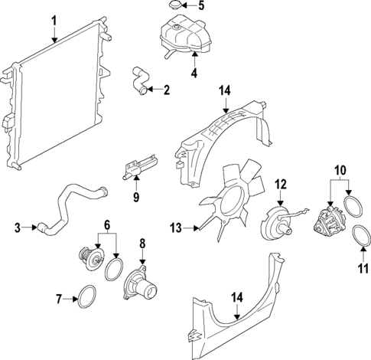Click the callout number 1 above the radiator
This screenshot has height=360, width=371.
pyautogui.click(x=54, y=21)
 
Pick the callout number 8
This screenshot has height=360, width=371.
pyautogui.click(x=142, y=245)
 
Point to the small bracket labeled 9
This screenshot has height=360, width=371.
pyautogui.click(x=138, y=166)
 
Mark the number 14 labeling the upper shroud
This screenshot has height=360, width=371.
pyautogui.click(x=223, y=91)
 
